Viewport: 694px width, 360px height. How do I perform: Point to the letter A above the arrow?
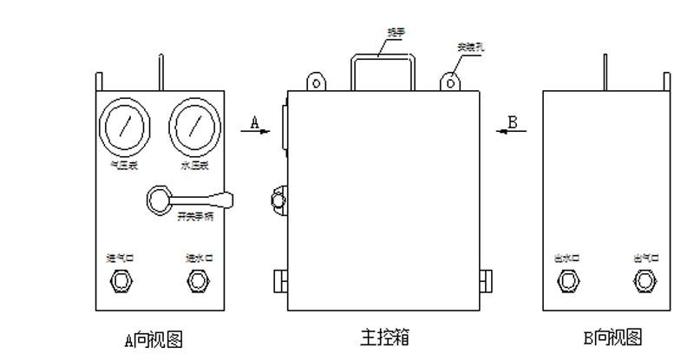coord(255,122)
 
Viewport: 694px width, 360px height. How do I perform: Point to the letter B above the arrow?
coord(513,122)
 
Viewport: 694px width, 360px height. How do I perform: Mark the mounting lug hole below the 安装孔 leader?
coord(449,83)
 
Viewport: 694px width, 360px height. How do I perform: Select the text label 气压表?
coord(121,165)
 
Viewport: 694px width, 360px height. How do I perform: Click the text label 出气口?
coord(644,258)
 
